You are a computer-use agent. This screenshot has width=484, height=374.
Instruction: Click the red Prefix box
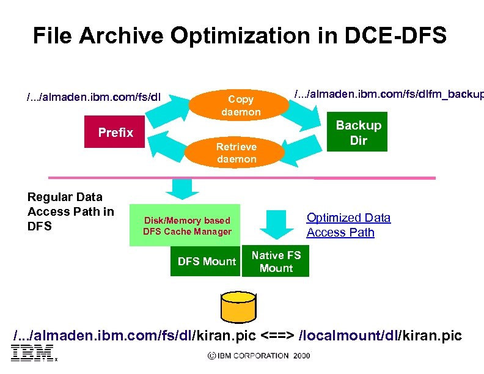coord(116,133)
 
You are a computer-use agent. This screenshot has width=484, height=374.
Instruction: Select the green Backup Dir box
coord(358,132)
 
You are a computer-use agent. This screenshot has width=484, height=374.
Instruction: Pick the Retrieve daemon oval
coord(237,153)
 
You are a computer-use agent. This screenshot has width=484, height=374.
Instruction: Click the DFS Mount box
coord(206,262)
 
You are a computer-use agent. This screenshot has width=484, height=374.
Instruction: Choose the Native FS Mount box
coord(276,262)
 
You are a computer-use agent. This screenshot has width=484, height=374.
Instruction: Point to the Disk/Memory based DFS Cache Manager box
coord(187,226)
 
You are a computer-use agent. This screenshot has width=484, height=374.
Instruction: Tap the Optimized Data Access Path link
coord(348,225)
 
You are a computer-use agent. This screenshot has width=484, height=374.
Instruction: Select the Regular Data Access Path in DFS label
coord(70,211)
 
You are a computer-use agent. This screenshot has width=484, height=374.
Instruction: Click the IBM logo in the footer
coord(32,354)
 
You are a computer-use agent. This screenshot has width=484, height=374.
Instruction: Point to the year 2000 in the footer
coord(301,356)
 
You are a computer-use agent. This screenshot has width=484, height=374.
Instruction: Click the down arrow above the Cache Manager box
coord(181,188)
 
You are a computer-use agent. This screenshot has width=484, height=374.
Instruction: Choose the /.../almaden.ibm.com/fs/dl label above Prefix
coord(93,97)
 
